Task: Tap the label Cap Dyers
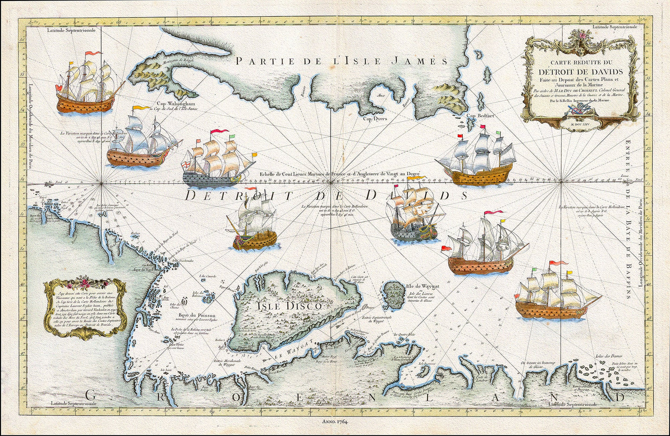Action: point(375,118)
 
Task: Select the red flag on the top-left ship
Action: point(94,53)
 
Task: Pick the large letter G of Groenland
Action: point(91,396)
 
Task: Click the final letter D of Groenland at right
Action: point(621,397)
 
